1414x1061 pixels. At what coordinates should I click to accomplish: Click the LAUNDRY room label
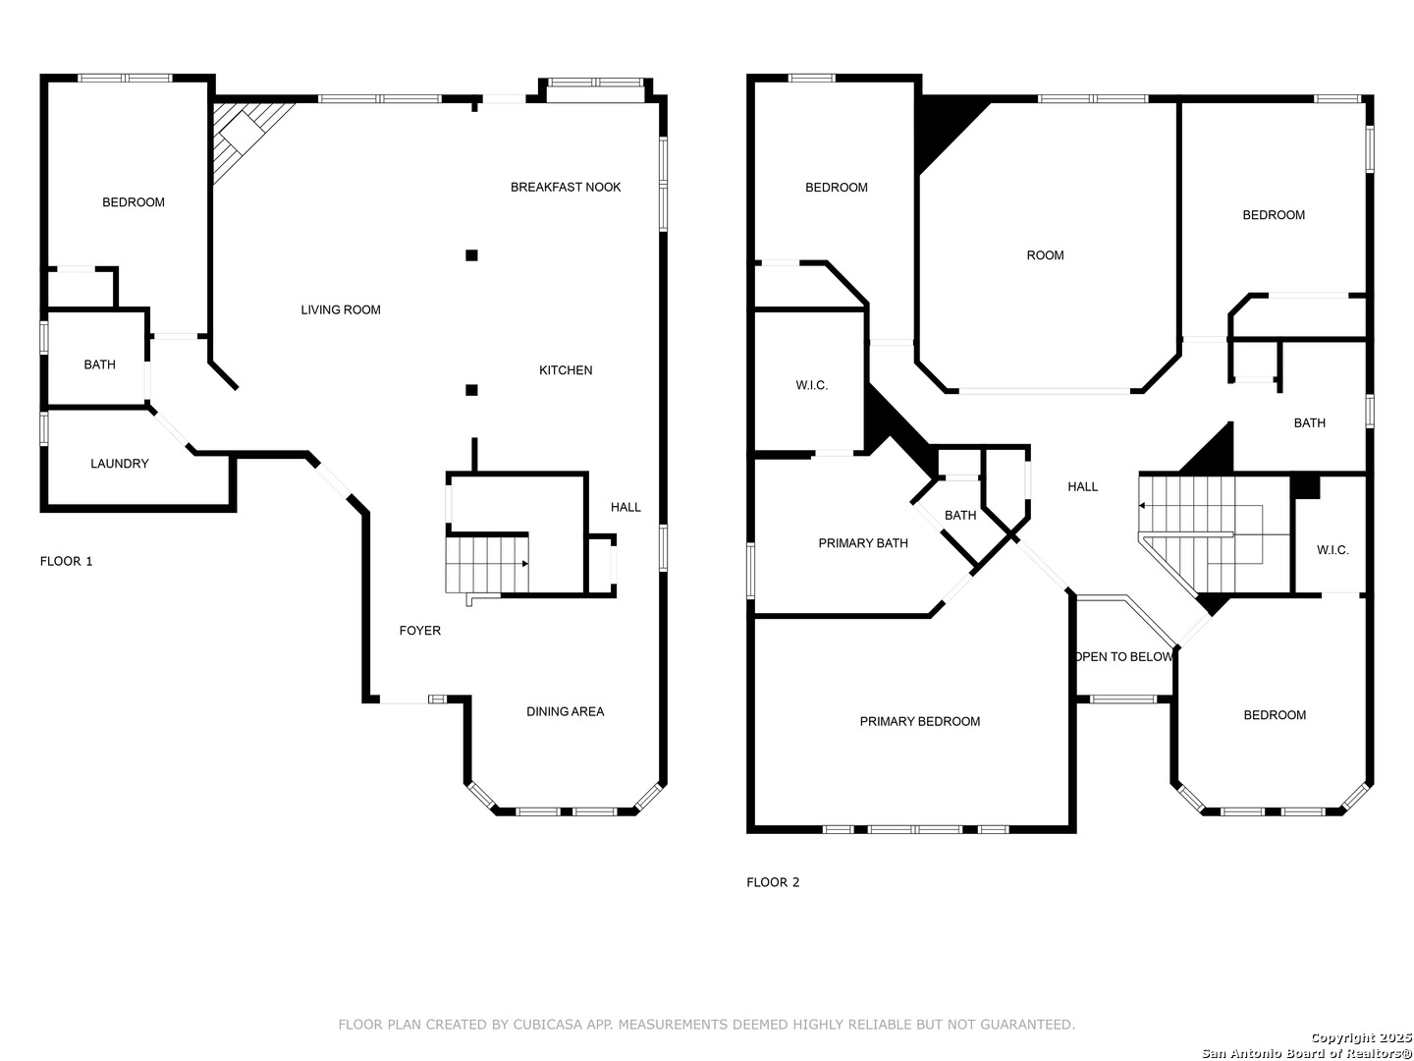tap(120, 464)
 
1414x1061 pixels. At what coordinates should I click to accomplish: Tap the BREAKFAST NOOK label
tap(566, 188)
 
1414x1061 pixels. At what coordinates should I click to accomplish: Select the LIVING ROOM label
tap(341, 310)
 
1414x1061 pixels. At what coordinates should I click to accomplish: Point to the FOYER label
tap(420, 631)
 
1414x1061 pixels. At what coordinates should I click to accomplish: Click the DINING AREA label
tap(566, 712)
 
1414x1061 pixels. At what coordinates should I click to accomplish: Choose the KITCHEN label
tap(566, 370)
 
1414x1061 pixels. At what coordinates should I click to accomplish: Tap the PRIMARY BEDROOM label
tap(920, 722)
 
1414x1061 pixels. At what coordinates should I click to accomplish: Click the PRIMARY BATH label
tap(863, 543)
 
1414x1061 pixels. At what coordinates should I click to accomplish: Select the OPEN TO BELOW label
tap(1124, 657)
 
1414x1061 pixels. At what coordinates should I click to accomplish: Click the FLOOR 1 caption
tap(67, 562)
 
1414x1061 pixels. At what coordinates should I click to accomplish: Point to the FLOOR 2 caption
tap(773, 882)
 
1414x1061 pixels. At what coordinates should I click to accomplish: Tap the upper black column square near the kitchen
tap(471, 255)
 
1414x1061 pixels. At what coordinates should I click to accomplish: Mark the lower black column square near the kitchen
tap(471, 390)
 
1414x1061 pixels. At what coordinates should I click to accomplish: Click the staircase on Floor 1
tap(486, 564)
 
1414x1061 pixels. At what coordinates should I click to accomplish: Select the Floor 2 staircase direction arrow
tap(1143, 505)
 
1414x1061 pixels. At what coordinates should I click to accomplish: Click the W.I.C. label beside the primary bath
tap(812, 385)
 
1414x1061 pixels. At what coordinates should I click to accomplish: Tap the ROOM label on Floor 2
tap(1046, 255)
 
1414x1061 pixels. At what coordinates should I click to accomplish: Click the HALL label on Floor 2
tap(1083, 487)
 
